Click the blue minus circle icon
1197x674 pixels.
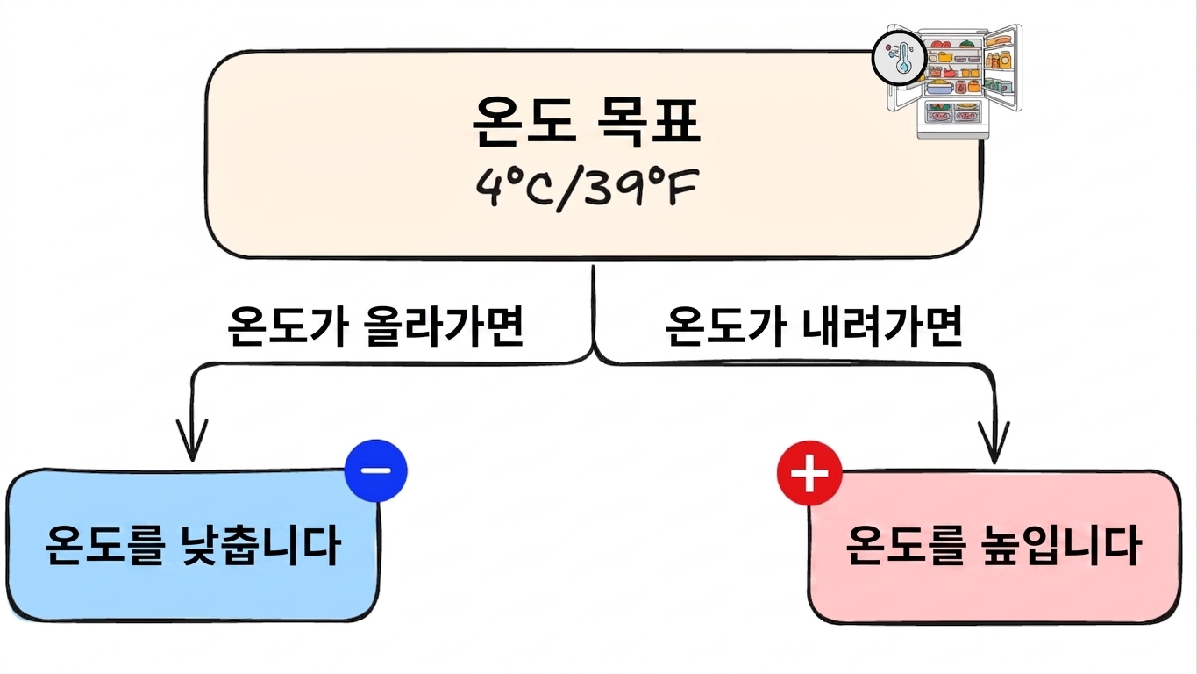click(376, 470)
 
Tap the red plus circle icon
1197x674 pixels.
click(809, 473)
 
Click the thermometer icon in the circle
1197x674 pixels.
click(900, 58)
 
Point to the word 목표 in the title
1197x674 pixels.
click(647, 121)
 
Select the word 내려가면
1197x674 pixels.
click(881, 326)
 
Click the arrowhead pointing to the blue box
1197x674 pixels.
click(192, 441)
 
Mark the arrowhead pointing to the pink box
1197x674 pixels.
click(994, 443)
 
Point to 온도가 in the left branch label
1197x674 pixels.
click(288, 326)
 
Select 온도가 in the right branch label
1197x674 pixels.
click(726, 326)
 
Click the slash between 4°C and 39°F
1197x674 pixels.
click(569, 190)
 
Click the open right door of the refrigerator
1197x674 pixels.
click(1003, 67)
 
